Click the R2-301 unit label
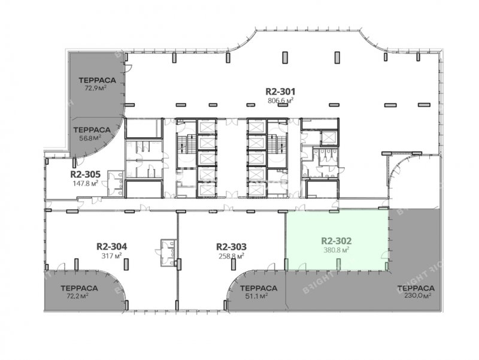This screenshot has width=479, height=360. [x=280, y=92]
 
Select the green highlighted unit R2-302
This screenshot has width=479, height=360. [x=337, y=240]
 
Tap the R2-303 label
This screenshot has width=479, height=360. [x=231, y=246]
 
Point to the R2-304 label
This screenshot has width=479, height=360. [x=111, y=246]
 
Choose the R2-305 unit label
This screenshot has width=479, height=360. [x=85, y=174]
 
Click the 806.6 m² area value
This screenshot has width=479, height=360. [x=281, y=101]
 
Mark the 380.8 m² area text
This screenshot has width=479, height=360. [x=336, y=250]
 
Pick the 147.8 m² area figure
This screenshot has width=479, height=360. [x=85, y=183]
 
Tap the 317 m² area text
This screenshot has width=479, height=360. [x=112, y=256]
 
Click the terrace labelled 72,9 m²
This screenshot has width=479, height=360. [x=96, y=84]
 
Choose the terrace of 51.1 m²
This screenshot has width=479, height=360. [x=255, y=292]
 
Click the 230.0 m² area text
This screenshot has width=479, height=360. [x=416, y=295]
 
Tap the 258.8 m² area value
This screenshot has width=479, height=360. [x=231, y=256]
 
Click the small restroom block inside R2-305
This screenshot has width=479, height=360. [x=116, y=183]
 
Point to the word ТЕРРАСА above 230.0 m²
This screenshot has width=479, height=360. [x=416, y=288]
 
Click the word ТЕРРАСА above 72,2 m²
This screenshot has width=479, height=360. [x=79, y=288]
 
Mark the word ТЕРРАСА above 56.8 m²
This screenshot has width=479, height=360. [x=92, y=130]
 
